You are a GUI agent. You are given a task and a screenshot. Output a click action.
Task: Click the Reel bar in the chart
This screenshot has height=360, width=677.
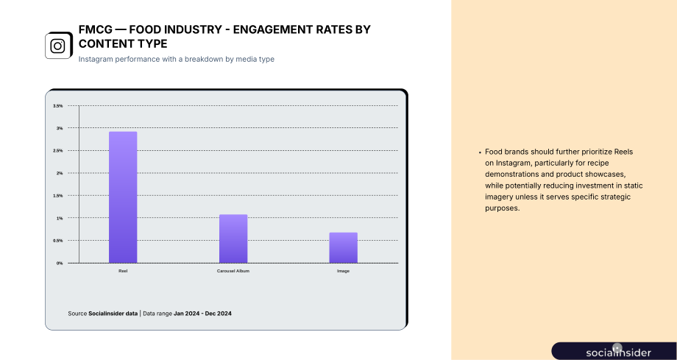(x=123, y=197)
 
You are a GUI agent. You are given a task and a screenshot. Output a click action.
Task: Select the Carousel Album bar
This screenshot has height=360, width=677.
(x=233, y=239)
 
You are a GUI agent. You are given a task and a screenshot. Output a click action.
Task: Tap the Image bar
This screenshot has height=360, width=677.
(x=343, y=247)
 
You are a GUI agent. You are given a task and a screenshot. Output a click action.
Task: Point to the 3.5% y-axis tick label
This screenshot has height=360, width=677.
(x=58, y=106)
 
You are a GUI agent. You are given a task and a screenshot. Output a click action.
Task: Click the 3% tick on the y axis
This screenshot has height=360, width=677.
(x=59, y=128)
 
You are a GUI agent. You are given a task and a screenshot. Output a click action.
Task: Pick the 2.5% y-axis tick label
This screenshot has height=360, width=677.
(x=58, y=151)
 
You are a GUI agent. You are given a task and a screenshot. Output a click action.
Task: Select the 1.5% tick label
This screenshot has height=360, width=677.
(x=58, y=196)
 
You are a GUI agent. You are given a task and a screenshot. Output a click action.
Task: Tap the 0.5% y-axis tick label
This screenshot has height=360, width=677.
(x=58, y=241)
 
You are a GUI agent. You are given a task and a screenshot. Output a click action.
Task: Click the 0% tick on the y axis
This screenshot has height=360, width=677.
(x=59, y=264)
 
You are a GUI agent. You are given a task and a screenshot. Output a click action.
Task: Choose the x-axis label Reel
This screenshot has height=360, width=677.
(x=123, y=271)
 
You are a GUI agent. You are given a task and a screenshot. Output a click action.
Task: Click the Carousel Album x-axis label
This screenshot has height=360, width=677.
(x=233, y=271)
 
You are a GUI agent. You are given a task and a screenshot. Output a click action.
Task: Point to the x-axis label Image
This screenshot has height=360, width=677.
(x=343, y=271)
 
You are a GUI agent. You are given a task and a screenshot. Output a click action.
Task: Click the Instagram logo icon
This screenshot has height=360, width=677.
(x=58, y=46)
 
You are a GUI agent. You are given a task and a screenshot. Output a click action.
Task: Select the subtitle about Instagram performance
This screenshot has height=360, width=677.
(x=176, y=59)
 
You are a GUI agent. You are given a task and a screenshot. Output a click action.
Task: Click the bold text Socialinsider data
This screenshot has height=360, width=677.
(x=113, y=314)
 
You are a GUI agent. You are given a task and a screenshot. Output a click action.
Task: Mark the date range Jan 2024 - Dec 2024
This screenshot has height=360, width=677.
(x=202, y=314)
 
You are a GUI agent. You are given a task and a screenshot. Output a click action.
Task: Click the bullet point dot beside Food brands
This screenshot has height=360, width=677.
(x=480, y=152)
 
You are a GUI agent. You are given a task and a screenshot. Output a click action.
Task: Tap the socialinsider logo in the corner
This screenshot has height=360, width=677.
(x=618, y=352)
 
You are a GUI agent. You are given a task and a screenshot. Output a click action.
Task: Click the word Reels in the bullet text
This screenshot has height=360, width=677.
(x=623, y=152)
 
